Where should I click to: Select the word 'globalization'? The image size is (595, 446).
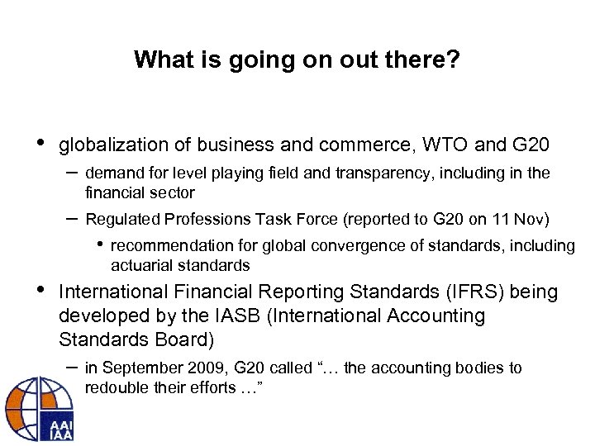(x=110, y=145)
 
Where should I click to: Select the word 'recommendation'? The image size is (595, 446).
(x=162, y=245)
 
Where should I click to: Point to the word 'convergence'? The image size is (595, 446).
(x=337, y=245)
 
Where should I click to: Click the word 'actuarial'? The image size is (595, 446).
(x=140, y=266)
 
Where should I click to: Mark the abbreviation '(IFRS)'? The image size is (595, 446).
(x=452, y=292)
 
